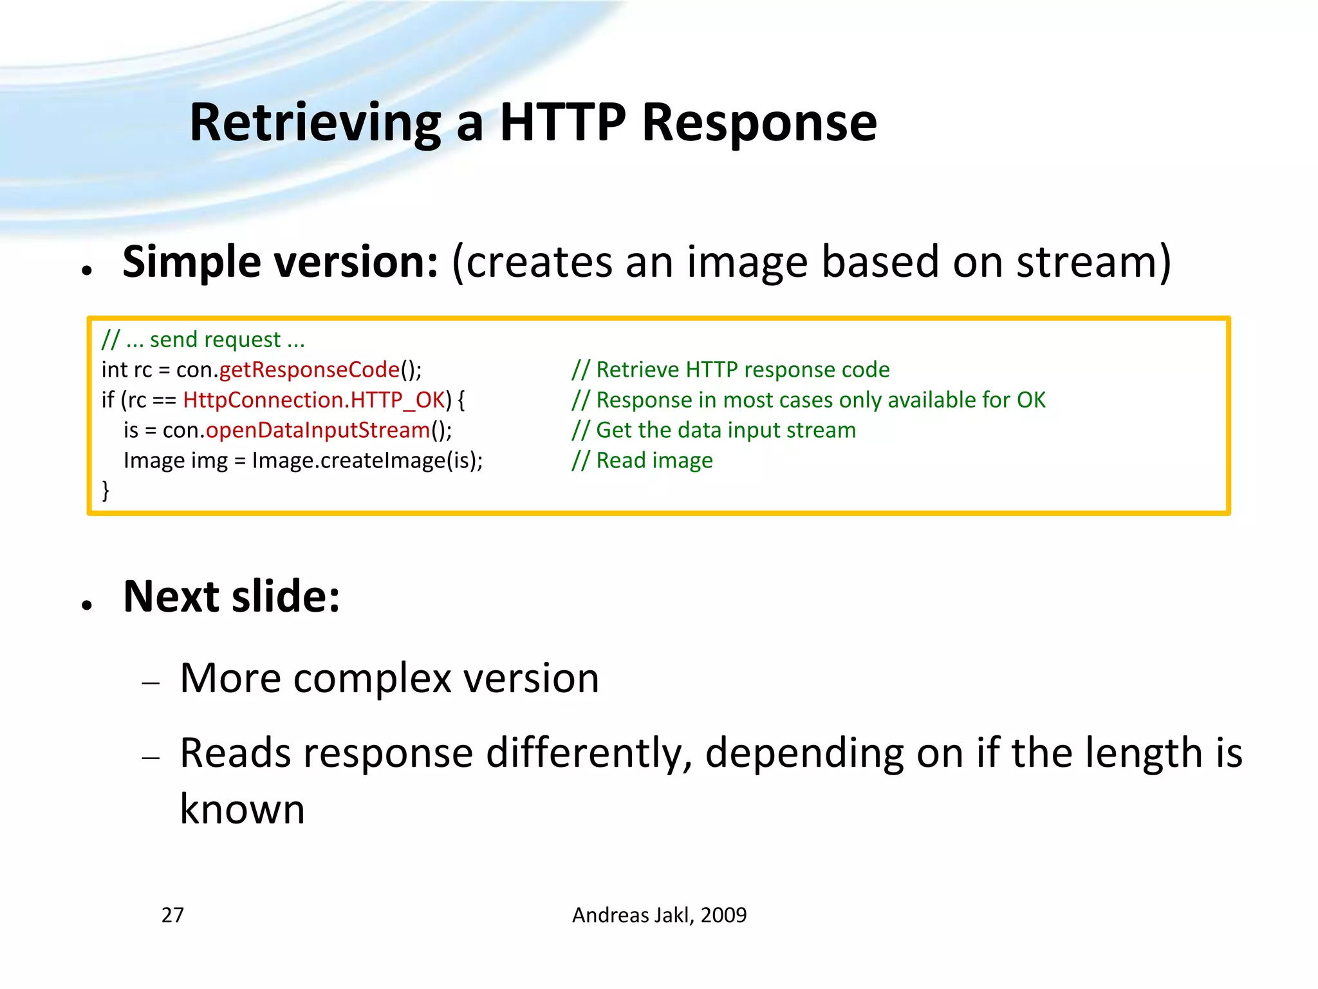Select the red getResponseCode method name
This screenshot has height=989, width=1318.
(x=310, y=370)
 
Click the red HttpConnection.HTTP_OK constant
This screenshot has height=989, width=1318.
(x=314, y=400)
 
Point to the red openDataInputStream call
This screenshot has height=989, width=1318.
(x=318, y=430)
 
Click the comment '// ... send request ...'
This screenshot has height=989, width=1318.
(x=203, y=339)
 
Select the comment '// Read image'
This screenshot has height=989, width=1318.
(x=642, y=460)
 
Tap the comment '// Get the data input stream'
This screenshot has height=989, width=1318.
(x=714, y=430)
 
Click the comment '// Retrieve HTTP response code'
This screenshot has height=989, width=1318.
(x=730, y=370)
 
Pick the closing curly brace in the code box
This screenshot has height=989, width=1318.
(x=106, y=491)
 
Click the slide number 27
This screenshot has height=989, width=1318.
(x=172, y=915)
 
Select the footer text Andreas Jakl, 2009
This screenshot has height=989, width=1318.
(x=659, y=915)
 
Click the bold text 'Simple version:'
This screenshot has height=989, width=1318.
(x=281, y=262)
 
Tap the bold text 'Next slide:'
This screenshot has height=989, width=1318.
(x=232, y=596)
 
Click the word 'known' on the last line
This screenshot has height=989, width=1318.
(x=242, y=809)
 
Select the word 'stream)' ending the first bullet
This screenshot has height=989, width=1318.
(x=1093, y=262)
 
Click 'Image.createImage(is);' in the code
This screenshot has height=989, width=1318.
(x=367, y=460)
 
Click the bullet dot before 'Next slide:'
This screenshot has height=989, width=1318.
(x=88, y=605)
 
